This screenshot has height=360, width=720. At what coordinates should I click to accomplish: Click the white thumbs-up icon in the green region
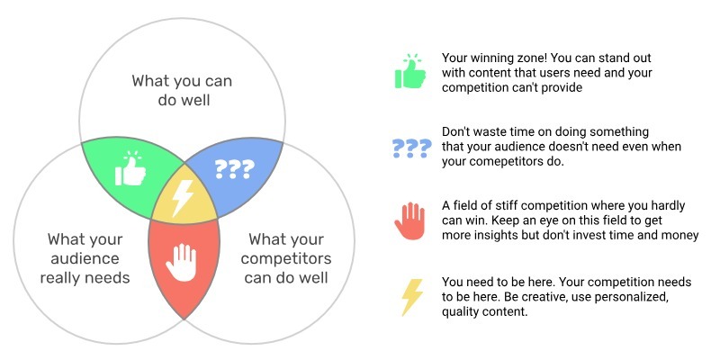click(130, 168)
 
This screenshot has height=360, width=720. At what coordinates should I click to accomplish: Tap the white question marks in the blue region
click(234, 169)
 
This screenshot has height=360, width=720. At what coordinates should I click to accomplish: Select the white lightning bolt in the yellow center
click(183, 198)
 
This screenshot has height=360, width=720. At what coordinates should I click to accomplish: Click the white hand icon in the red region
click(181, 262)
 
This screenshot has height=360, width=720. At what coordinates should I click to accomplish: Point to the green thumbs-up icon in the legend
click(410, 72)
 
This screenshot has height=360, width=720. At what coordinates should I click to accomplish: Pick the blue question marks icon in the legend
click(412, 148)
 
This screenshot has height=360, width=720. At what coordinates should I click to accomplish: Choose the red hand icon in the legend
click(409, 221)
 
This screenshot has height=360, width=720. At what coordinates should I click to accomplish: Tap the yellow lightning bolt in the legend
click(412, 297)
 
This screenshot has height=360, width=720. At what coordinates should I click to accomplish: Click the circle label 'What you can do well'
click(183, 91)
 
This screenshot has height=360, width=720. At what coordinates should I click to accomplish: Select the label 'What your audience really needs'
click(85, 258)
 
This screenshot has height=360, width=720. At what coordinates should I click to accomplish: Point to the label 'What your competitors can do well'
click(286, 258)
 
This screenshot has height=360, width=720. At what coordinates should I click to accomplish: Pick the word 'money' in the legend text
click(682, 235)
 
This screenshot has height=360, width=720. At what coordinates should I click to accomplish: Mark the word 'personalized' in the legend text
click(635, 297)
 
